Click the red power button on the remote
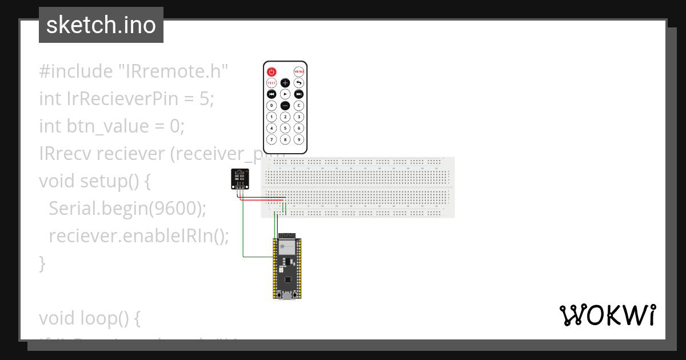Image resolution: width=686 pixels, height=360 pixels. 272,72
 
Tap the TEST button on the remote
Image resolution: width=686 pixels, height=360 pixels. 272,83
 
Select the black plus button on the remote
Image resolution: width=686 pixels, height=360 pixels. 285,83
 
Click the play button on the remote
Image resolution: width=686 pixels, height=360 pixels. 285,94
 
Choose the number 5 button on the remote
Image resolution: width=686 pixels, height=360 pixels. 285,128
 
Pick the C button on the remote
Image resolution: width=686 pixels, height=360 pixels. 298,105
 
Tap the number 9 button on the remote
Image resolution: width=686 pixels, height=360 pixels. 298,139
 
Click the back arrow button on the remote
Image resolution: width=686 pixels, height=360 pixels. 298,83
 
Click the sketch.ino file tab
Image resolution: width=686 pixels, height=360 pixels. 101,25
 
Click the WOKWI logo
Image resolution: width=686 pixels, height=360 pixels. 607,315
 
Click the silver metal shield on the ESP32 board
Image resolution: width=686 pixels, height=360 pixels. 285,247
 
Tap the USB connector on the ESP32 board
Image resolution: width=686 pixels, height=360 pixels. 286,295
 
